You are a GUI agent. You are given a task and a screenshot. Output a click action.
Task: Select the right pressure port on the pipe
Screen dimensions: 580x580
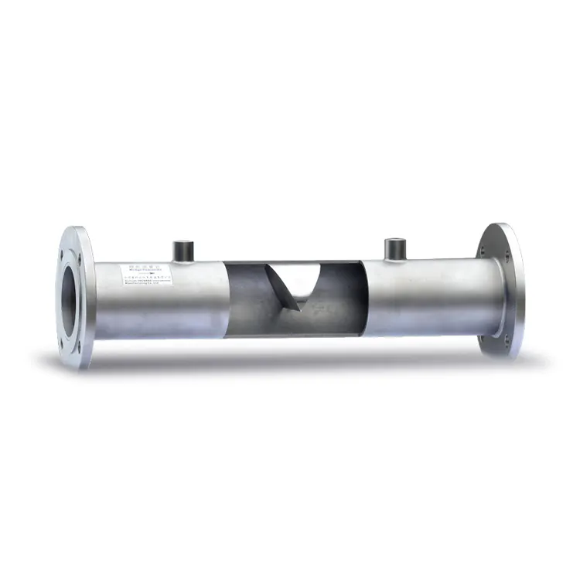(x=394, y=248)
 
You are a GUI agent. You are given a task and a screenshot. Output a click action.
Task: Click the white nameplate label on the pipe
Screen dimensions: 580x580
(x=145, y=273)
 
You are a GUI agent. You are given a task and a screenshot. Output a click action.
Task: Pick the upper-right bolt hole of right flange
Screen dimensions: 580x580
(x=506, y=239)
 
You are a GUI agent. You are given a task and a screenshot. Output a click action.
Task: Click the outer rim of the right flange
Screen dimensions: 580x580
(x=517, y=290)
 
